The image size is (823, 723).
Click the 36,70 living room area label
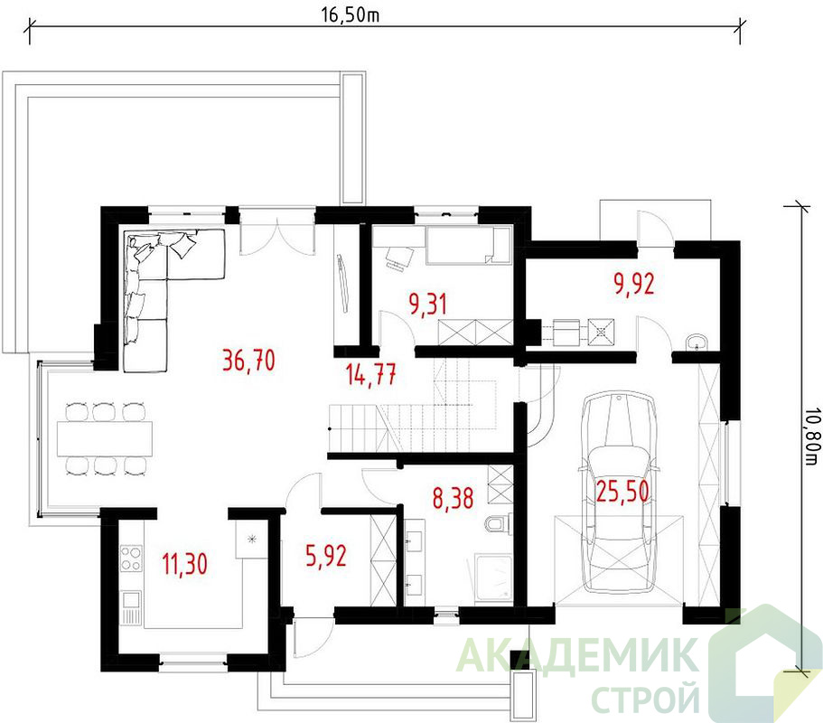248,361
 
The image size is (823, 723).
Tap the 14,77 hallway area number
371,374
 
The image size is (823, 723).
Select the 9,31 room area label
428,305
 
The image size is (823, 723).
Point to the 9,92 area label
634,284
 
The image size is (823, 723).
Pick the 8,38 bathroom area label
453,498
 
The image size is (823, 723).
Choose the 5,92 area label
326,557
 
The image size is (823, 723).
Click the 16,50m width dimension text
351,15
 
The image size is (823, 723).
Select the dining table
105,438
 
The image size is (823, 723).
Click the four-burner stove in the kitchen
131,559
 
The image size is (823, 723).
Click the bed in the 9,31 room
469,245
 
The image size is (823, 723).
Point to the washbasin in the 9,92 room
697,342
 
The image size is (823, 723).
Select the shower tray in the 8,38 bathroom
493,576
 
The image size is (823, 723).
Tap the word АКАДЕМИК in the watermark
577,654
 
